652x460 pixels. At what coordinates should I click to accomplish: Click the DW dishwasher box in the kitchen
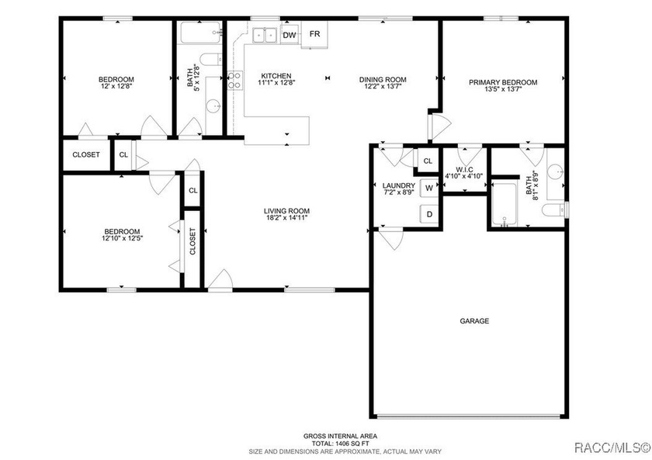pos(290,35)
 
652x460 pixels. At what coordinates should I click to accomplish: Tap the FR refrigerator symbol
pos(314,34)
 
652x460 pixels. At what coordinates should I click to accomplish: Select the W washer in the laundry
pos(429,188)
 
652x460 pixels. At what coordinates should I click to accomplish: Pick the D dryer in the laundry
pos(429,214)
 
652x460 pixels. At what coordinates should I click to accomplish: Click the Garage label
pos(474,321)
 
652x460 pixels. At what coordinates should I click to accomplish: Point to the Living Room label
pos(287,211)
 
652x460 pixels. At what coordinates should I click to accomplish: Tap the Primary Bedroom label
pos(503,82)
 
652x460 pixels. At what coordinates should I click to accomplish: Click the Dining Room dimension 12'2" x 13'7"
pos(383,86)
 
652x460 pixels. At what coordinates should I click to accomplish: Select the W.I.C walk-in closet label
pos(463,170)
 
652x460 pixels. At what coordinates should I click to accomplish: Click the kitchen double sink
pos(265,36)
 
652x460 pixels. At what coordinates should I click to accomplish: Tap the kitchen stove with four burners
pos(235,80)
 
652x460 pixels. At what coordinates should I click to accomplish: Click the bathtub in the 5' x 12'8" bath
pos(200,33)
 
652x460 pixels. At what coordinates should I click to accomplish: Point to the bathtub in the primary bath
pos(505,204)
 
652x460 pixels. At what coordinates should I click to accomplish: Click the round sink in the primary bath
pos(555,171)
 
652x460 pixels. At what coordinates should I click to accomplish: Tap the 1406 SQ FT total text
pos(340,444)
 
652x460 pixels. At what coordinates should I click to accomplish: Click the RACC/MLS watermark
pos(612,448)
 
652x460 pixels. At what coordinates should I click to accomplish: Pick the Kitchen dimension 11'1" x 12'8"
pos(276,83)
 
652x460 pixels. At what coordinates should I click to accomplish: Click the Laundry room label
pos(399,185)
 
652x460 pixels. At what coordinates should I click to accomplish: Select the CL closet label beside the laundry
pos(428,161)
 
